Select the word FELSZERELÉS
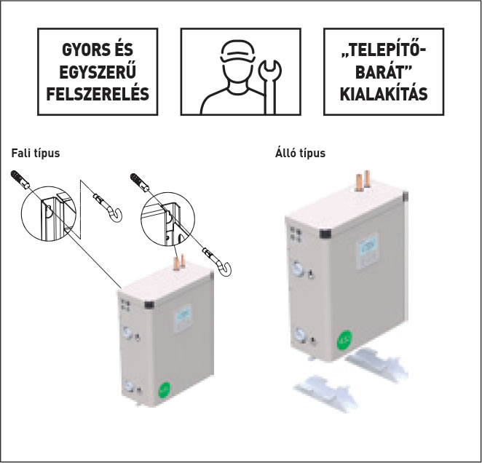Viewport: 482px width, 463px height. pyautogui.click(x=96, y=94)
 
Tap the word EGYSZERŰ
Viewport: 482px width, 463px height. pyautogui.click(x=96, y=73)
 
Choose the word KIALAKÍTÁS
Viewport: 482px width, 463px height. pyautogui.click(x=383, y=95)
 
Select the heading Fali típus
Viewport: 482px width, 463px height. pyautogui.click(x=36, y=154)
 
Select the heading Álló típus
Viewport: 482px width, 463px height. pyautogui.click(x=300, y=154)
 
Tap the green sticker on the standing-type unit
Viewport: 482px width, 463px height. pyautogui.click(x=343, y=340)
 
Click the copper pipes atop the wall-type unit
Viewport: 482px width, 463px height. pyautogui.click(x=178, y=261)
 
